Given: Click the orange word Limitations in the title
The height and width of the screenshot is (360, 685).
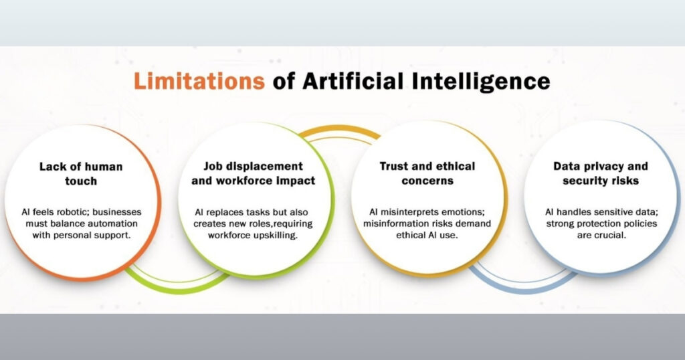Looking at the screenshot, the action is tap(199, 81).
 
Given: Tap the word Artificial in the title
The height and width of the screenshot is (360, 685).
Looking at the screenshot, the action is tap(353, 81).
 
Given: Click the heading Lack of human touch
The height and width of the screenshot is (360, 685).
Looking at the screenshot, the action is tap(81, 174).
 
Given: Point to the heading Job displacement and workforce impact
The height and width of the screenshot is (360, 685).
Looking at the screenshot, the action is tap(254, 173).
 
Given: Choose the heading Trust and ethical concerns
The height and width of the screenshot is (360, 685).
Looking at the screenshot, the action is tap(427, 173).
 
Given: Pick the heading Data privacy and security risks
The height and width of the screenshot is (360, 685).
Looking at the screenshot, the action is tap(601, 173).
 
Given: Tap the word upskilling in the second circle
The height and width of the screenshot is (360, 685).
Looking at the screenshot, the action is tap(276, 236).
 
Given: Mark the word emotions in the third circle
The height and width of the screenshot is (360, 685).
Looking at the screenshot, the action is tap(463, 212).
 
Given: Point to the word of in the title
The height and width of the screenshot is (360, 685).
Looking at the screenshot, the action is tap(284, 81).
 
